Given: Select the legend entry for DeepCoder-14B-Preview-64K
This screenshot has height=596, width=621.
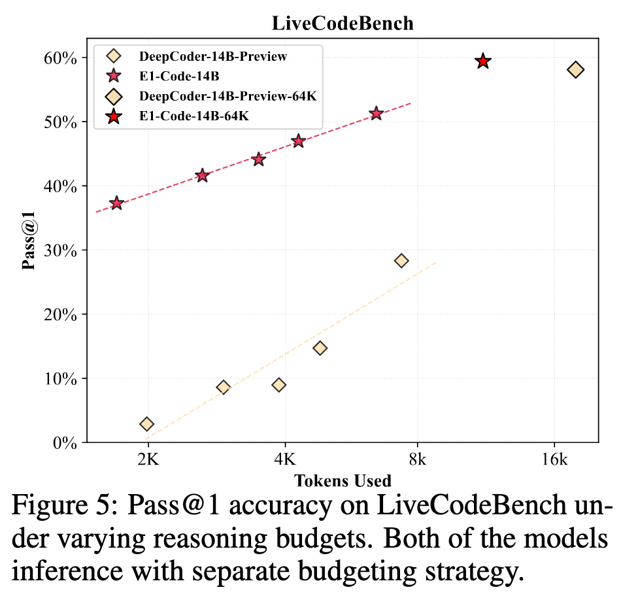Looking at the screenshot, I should (x=228, y=97).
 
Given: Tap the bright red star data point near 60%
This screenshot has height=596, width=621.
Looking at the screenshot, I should (x=483, y=61).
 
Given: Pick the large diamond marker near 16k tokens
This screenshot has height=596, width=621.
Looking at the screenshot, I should (x=575, y=69).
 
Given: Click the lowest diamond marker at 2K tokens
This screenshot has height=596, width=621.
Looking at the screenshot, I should (x=147, y=424).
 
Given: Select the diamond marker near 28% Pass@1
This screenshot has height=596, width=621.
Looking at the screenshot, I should (x=401, y=261).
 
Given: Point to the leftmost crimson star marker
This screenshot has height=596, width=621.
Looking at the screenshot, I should (x=117, y=203).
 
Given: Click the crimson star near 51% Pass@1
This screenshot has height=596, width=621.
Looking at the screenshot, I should (x=376, y=114).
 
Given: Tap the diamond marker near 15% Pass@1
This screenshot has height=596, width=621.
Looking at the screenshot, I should (x=320, y=348).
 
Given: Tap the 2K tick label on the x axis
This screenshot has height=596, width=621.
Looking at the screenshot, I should (x=148, y=459).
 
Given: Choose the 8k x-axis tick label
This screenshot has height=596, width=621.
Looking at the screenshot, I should (x=417, y=459).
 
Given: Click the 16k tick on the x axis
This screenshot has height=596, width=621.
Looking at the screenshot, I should (x=554, y=459).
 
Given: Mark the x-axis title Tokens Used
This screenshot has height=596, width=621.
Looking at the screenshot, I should (x=343, y=482).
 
